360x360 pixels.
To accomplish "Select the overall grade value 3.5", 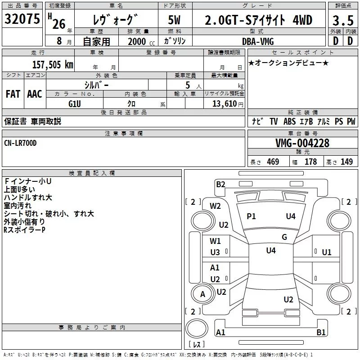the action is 342,21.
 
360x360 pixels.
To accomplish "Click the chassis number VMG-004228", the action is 302,144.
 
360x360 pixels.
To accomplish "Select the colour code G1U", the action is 75,103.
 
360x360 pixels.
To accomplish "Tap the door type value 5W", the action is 175,21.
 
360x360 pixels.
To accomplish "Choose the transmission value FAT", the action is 13,94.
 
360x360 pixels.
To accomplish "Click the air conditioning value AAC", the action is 34,94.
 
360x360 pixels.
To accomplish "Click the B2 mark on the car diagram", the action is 220,184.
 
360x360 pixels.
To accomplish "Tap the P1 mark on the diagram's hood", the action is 251,216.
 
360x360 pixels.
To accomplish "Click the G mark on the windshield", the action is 284,237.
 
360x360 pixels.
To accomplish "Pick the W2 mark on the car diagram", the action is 215,206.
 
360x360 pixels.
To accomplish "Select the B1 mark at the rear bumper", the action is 321,333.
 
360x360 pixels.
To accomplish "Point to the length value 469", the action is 273,162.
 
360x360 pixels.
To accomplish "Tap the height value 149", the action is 346,162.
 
